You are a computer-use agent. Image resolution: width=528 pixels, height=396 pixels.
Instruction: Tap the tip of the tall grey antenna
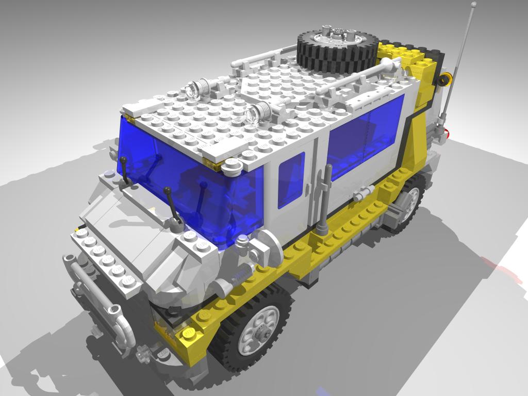coord(473,5)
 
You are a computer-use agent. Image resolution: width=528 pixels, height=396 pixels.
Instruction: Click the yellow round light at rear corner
coord(444,79)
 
